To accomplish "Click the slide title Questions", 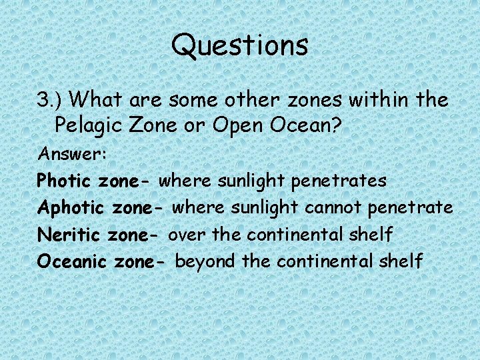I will click(x=240, y=45).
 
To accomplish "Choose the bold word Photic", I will click(x=65, y=181).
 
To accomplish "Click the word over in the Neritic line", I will click(x=185, y=235).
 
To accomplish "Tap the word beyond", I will click(x=205, y=261).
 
